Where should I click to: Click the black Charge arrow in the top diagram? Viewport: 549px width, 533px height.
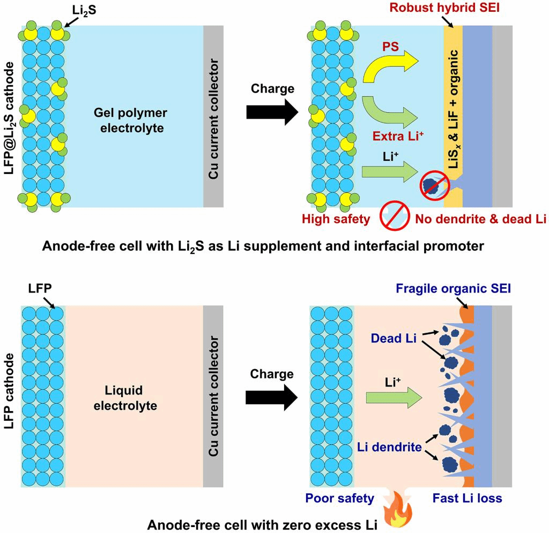tap(272, 111)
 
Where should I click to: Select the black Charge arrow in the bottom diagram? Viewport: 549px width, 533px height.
tap(272, 397)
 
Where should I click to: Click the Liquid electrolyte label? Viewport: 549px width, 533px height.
tap(125, 397)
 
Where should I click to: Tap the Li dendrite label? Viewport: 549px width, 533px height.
tap(390, 447)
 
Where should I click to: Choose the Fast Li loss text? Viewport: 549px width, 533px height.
tap(468, 498)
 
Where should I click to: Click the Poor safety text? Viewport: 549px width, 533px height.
tap(339, 498)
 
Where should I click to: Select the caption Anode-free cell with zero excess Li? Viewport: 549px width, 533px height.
tap(262, 524)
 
